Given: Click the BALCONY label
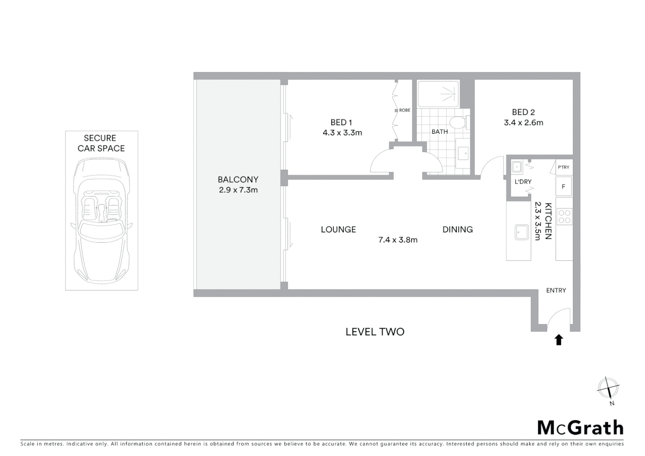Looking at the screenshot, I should pos(238,179).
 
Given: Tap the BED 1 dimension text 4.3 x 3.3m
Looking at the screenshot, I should pos(342,133).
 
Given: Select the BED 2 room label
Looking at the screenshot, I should pos(523,112).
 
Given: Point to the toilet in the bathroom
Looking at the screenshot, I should pos(457,123).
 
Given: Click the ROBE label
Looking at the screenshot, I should pos(404,110).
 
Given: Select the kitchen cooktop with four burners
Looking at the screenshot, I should pos(564,216).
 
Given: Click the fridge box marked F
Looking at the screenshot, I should pos(564,187).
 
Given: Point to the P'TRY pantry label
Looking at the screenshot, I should pos(564,167).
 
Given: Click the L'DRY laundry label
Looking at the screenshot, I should pos(523,182).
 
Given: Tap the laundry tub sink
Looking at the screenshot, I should pos(517,167).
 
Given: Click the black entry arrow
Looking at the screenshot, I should pos(559,339).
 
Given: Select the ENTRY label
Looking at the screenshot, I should pos(556,290).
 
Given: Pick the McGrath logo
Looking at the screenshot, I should pos(580,428).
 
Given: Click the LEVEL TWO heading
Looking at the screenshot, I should pos(375,332).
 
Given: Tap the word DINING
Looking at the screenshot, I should pos(458,230).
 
